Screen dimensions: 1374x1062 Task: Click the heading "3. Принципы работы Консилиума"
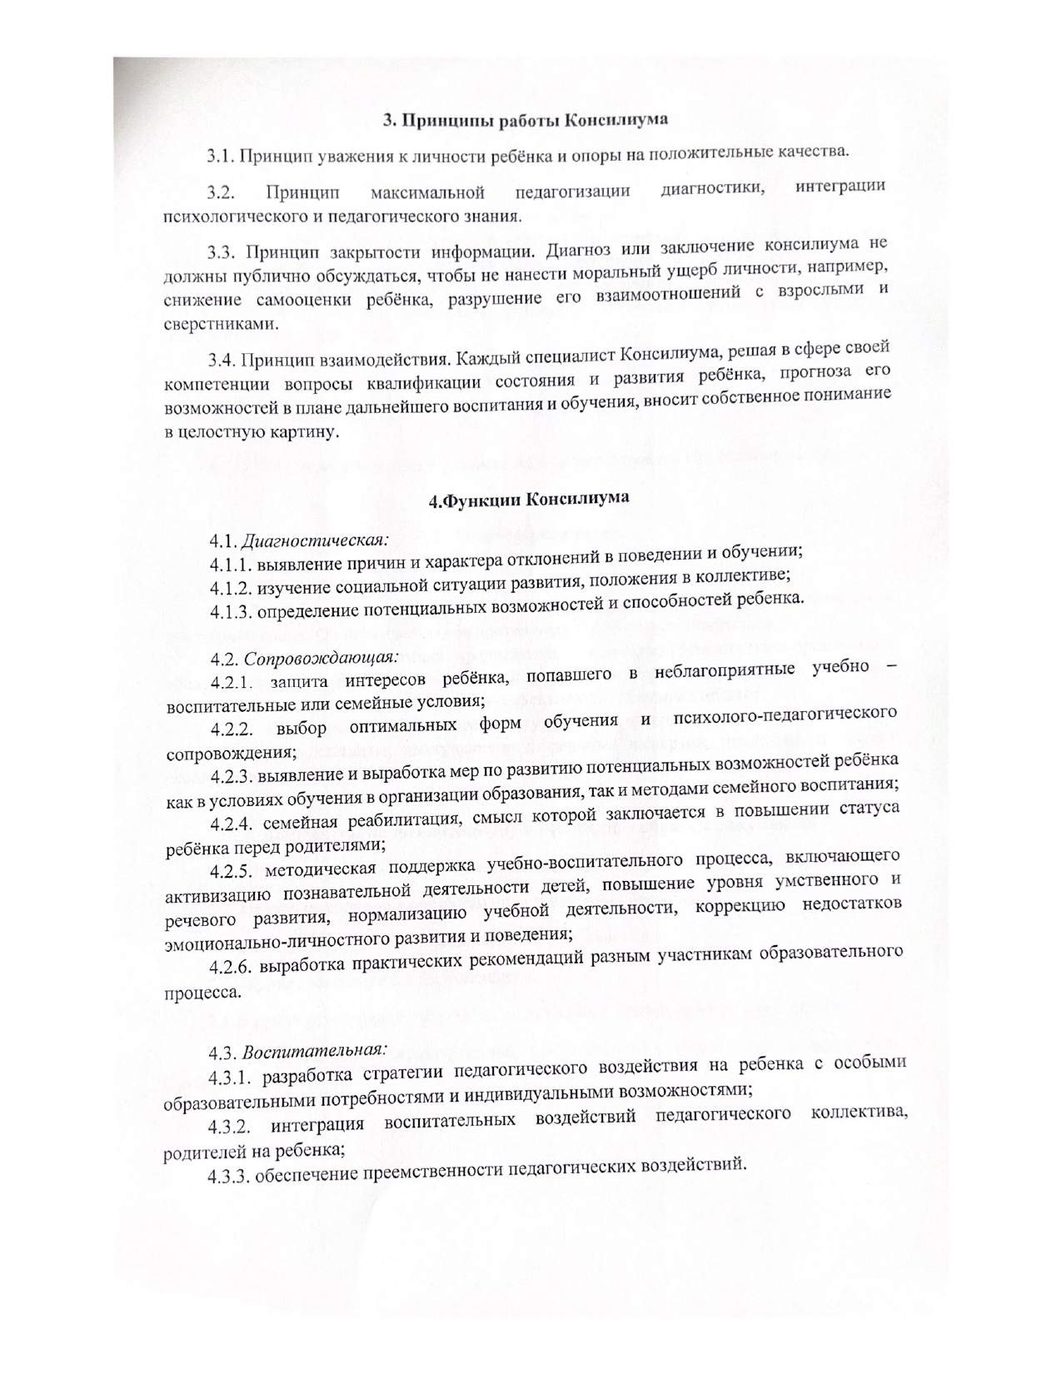[526, 120]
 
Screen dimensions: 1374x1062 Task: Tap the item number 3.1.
[223, 157]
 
